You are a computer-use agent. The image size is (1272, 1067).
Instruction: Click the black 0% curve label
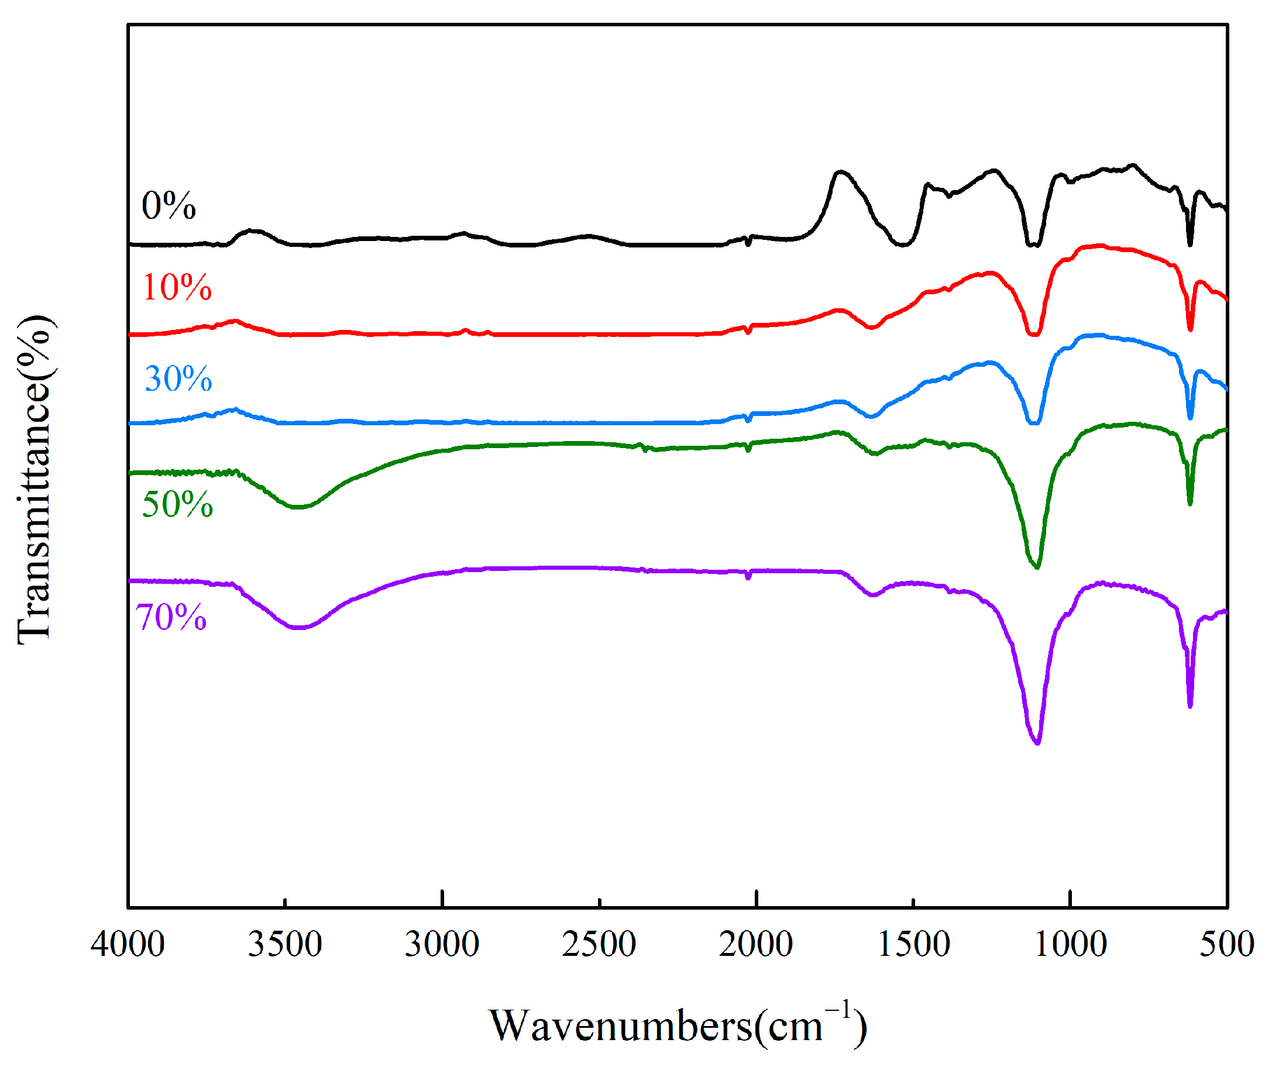(x=169, y=206)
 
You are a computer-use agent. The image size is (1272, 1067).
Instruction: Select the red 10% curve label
(x=177, y=288)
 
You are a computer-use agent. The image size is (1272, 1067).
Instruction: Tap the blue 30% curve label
(x=178, y=379)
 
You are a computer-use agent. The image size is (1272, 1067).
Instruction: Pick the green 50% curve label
(x=177, y=504)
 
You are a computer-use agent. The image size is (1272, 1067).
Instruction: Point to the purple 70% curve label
(x=171, y=618)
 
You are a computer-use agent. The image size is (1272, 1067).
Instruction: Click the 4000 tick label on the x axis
(x=128, y=945)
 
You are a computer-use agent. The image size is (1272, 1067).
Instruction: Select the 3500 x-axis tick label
(x=285, y=945)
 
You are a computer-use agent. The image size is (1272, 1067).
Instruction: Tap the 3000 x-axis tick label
(x=442, y=945)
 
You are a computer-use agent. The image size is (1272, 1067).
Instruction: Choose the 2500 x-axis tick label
(x=599, y=945)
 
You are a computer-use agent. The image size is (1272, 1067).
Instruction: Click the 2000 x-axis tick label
(x=756, y=945)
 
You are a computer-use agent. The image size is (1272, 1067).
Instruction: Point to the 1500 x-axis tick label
(x=913, y=945)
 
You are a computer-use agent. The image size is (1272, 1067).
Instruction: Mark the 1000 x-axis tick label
(x=1070, y=945)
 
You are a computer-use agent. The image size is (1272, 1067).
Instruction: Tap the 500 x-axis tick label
(x=1227, y=945)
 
